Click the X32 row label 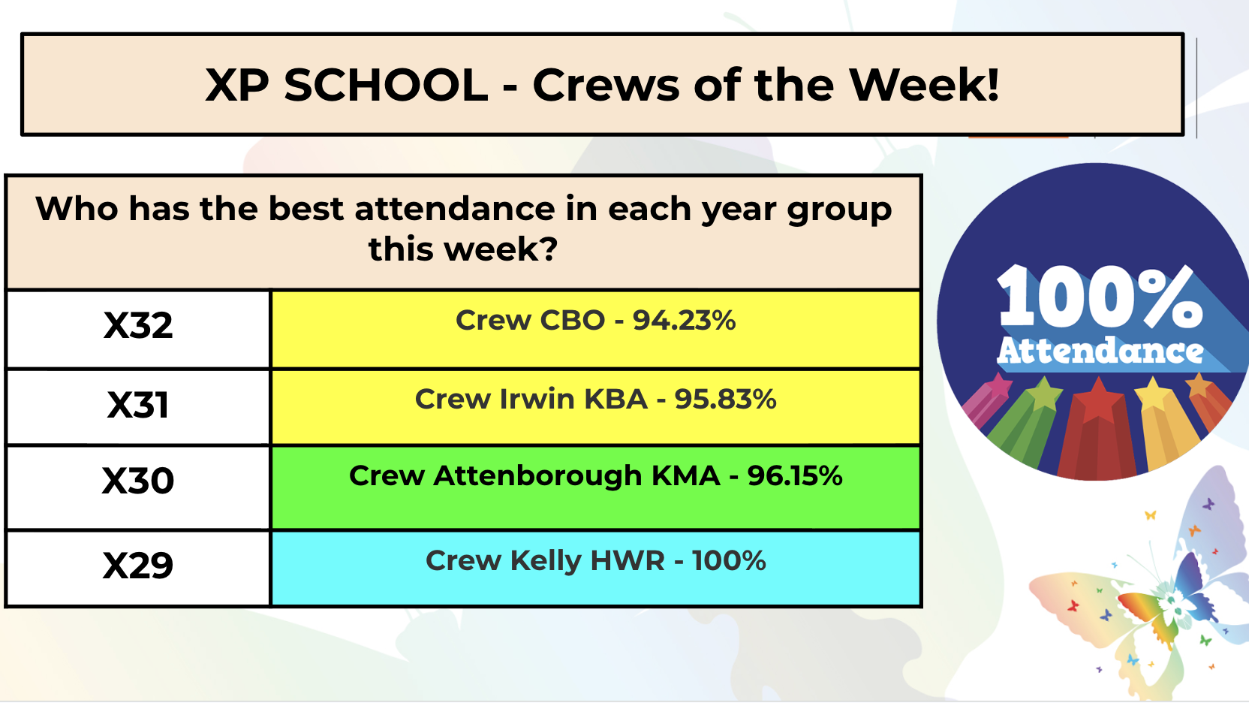point(137,325)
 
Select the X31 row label point(137,405)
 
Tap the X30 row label point(137,481)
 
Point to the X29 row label point(137,566)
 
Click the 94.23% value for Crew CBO point(684,320)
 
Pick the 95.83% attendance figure point(725,400)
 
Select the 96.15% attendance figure point(795,476)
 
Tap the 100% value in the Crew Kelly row point(729,561)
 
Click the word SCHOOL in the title point(386,85)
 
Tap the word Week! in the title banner point(924,85)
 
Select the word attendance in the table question point(454,209)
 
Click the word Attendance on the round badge point(1100,351)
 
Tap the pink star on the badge point(998,385)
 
